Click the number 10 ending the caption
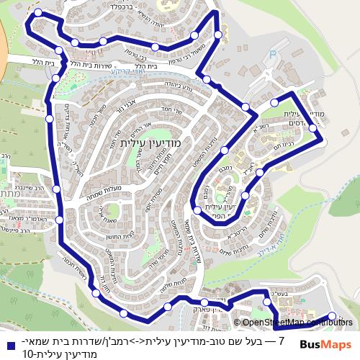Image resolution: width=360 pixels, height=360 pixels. [28, 353]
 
